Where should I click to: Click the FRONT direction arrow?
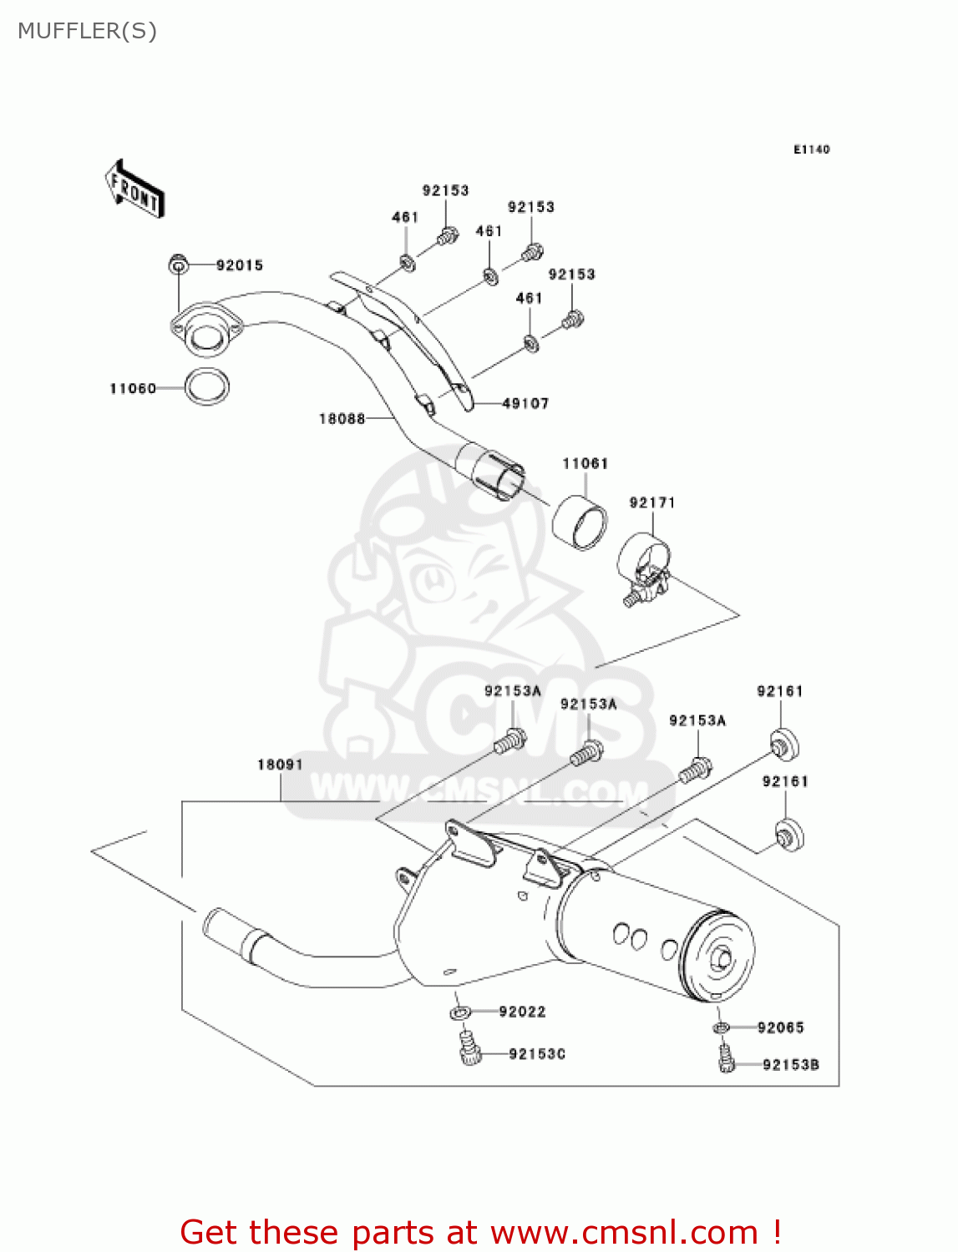point(134,189)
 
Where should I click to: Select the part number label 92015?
point(239,265)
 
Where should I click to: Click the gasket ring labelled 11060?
point(206,386)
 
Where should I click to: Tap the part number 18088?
point(342,418)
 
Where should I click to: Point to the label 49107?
point(525,403)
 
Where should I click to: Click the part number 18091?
point(280,765)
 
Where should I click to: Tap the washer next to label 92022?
point(460,1012)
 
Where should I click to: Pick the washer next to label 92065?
point(722,1027)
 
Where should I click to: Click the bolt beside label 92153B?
point(726,1060)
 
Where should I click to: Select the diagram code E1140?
point(811,149)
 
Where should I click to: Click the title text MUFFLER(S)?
point(87,31)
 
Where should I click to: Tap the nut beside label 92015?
point(177,265)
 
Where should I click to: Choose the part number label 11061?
point(585,463)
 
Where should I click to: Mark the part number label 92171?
point(651,502)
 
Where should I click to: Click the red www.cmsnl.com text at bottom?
point(623,1232)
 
